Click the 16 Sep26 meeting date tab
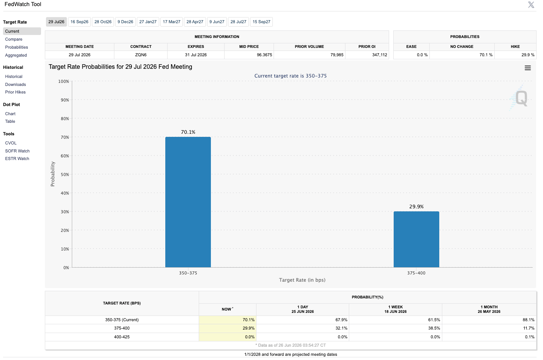pyautogui.click(x=79, y=22)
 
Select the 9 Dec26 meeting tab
pyautogui.click(x=125, y=22)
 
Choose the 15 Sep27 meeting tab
pyautogui.click(x=261, y=22)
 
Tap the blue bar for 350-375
pyautogui.click(x=188, y=202)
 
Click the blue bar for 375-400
pyautogui.click(x=416, y=239)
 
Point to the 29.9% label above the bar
pyautogui.click(x=416, y=206)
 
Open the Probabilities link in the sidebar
pyautogui.click(x=16, y=47)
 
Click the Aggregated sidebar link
pyautogui.click(x=16, y=55)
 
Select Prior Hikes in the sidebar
pyautogui.click(x=15, y=92)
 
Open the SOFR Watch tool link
pyautogui.click(x=17, y=151)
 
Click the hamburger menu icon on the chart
pyautogui.click(x=528, y=68)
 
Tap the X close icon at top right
pyautogui.click(x=531, y=5)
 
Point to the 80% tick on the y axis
pyautogui.click(x=65, y=119)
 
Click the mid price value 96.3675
pyautogui.click(x=264, y=55)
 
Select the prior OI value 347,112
pyautogui.click(x=380, y=55)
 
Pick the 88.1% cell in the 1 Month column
pyautogui.click(x=529, y=320)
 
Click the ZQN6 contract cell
pyautogui.click(x=141, y=55)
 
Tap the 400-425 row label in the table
pyautogui.click(x=122, y=337)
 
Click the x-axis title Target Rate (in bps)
pyautogui.click(x=302, y=280)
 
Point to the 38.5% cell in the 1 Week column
pyautogui.click(x=434, y=328)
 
